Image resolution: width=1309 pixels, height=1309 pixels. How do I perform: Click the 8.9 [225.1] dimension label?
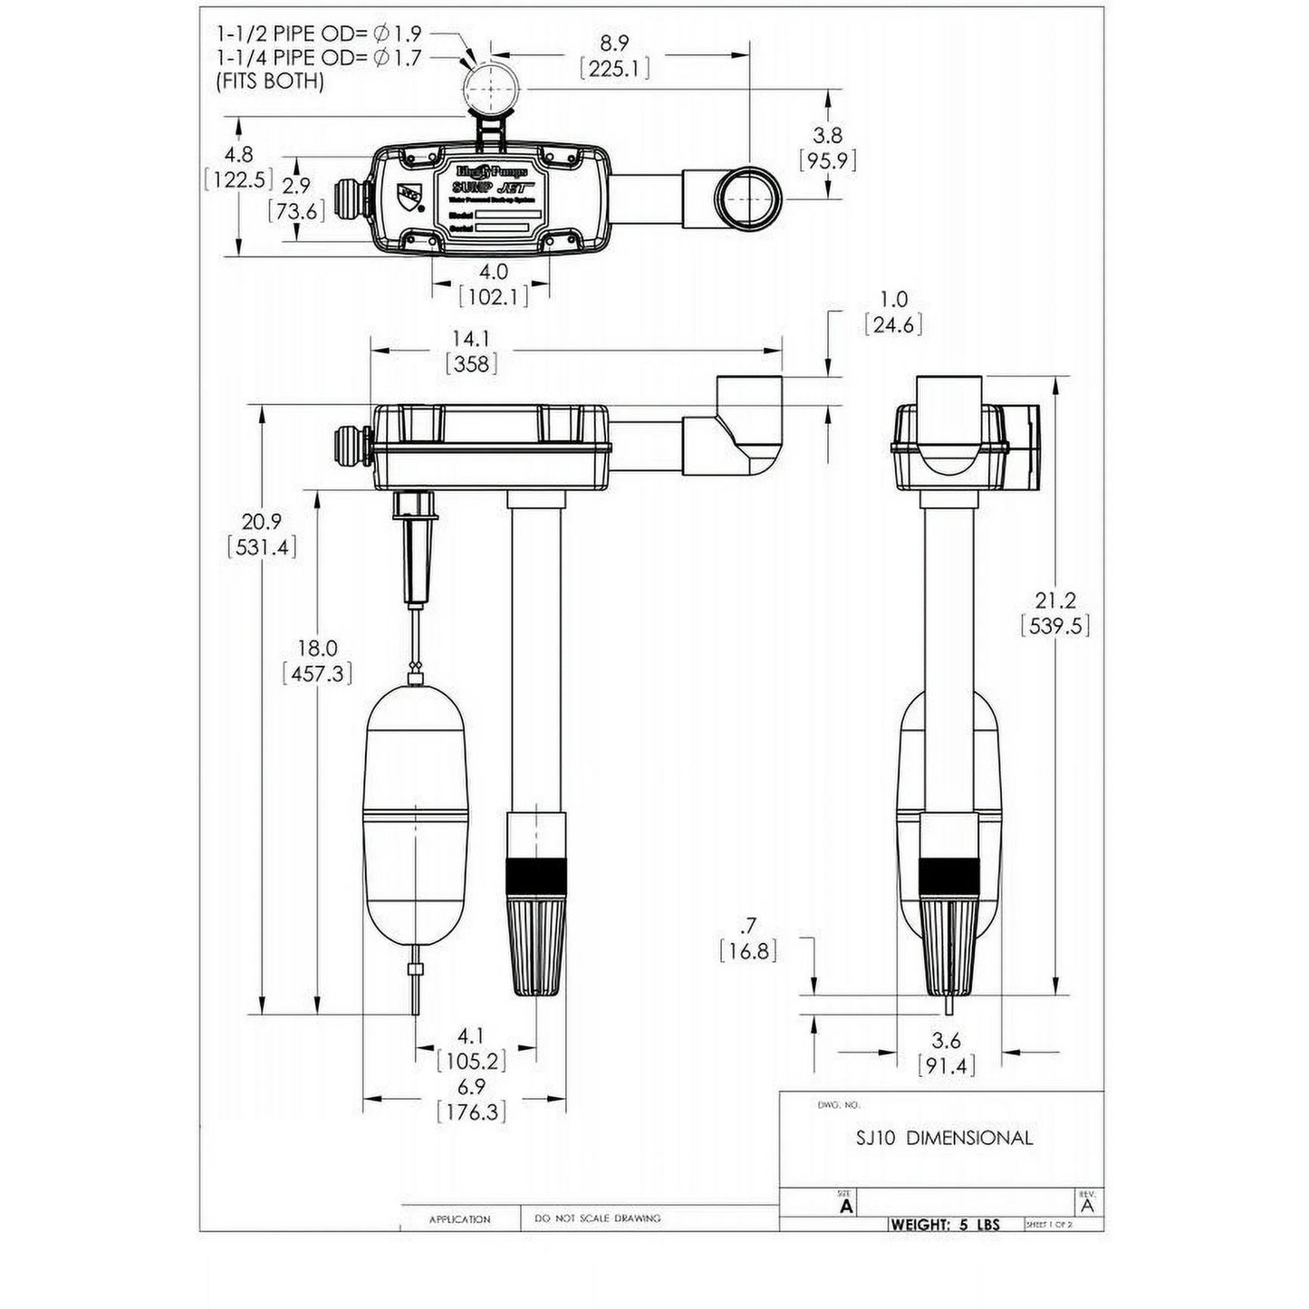615,56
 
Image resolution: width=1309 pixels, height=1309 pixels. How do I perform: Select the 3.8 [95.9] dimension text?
827,148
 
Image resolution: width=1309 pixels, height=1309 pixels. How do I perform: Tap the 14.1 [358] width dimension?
472,351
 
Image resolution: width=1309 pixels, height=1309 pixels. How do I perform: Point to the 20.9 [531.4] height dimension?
261,534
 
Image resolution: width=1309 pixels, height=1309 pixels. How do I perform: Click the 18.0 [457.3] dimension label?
317,660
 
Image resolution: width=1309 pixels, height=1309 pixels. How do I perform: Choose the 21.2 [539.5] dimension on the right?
1054,612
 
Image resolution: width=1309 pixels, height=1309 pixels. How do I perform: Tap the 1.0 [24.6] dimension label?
893,312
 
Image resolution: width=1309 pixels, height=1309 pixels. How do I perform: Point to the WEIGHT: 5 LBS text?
945,1224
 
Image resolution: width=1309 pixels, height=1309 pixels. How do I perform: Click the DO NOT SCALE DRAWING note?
598,1219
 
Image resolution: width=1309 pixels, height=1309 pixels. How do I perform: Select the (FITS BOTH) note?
269,81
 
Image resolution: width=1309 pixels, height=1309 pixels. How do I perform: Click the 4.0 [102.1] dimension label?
493,283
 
